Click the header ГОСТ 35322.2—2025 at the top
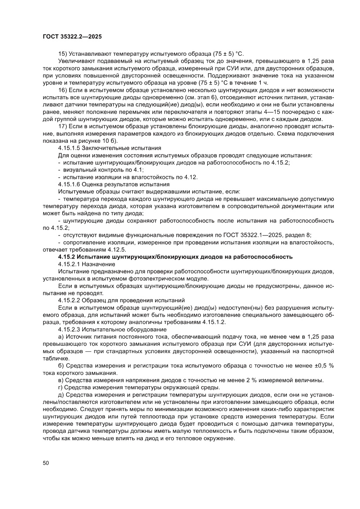pos(72,37)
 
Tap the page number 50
pos(46,462)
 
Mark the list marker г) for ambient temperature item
pos(61,388)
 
